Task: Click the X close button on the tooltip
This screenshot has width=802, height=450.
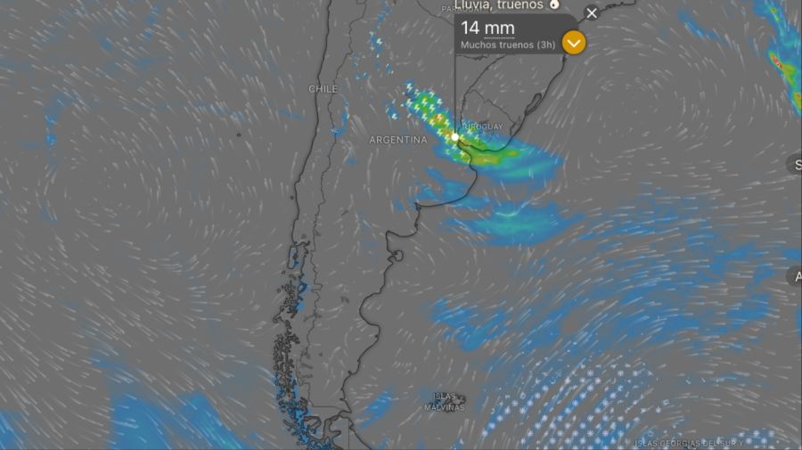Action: tap(592, 13)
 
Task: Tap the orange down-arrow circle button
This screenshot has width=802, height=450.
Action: tap(575, 42)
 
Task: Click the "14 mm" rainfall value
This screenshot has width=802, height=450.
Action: tap(487, 28)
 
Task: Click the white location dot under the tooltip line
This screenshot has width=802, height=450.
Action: tap(455, 137)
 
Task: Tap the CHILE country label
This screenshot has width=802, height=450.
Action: tap(323, 89)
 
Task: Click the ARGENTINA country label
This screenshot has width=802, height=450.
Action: tap(398, 140)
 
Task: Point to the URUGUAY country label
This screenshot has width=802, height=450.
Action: tap(484, 127)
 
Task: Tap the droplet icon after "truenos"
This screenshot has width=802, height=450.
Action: tap(554, 4)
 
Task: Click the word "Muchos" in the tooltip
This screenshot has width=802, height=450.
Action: tap(478, 44)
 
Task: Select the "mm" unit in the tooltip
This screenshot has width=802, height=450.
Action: tap(501, 29)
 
